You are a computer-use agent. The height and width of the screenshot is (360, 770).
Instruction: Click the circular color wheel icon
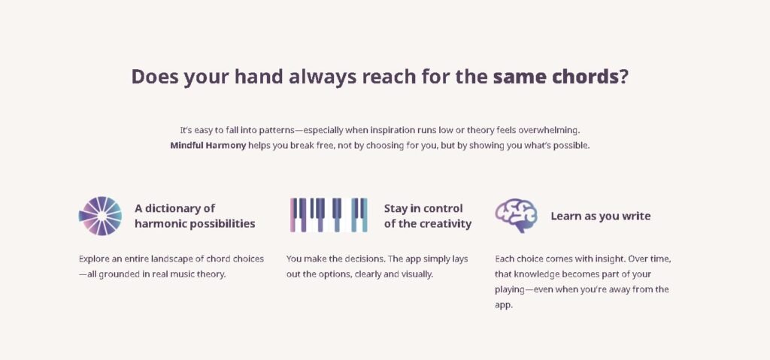pyautogui.click(x=100, y=216)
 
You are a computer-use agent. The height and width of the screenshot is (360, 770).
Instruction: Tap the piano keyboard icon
pyautogui.click(x=329, y=215)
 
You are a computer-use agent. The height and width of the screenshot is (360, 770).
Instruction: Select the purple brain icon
pyautogui.click(x=516, y=215)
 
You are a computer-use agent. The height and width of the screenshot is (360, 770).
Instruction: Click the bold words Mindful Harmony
pyautogui.click(x=208, y=145)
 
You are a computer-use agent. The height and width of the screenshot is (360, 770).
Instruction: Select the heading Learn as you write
pyautogui.click(x=601, y=216)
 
